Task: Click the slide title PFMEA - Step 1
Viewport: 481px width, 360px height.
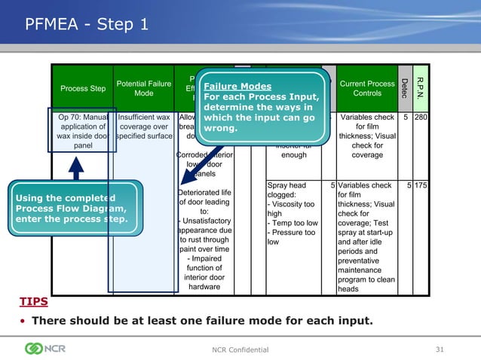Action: [x=87, y=25]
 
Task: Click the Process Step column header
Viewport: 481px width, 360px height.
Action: [x=83, y=88]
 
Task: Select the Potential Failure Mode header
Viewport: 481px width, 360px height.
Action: [x=143, y=87]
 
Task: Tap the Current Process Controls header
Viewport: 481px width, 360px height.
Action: [x=367, y=88]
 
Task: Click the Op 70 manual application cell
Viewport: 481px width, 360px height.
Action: [x=83, y=131]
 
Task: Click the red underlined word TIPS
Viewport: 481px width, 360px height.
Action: [x=34, y=302]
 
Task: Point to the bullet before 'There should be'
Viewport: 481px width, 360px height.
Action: [x=23, y=322]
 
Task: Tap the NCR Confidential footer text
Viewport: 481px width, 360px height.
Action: [x=240, y=349]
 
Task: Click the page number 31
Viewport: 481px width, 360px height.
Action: [x=441, y=349]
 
